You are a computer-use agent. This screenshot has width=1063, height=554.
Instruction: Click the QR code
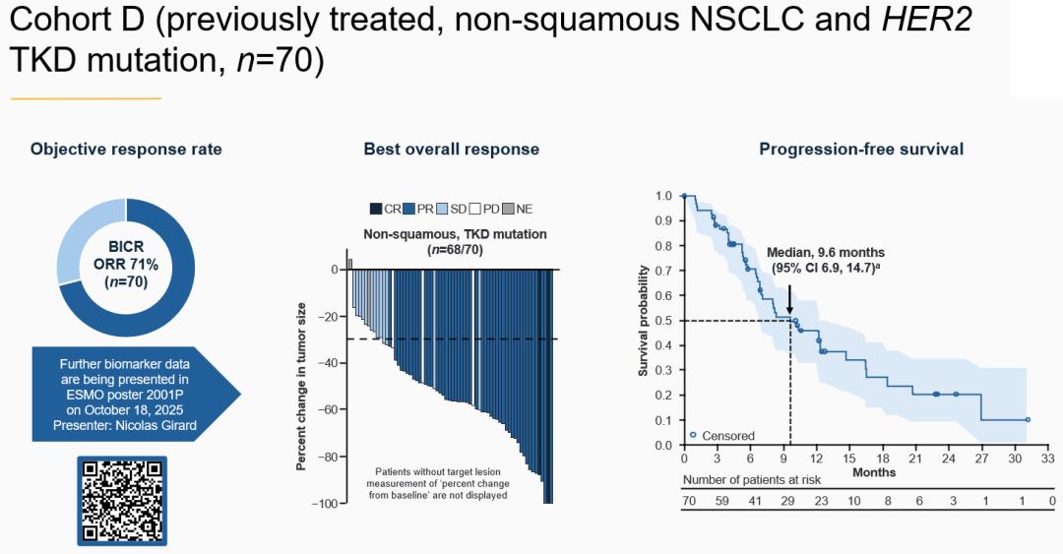tap(123, 500)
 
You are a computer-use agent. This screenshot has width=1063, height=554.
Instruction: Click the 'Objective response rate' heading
tap(126, 150)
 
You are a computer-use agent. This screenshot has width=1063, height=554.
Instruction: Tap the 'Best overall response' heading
tap(452, 150)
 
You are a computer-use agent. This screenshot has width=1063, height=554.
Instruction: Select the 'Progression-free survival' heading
tap(861, 150)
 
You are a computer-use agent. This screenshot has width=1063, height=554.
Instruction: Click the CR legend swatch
tap(376, 209)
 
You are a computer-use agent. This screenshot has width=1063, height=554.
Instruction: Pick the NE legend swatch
tap(508, 209)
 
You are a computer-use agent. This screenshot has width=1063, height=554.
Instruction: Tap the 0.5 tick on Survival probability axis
tap(665, 321)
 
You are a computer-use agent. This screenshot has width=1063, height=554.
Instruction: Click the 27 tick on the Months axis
tap(982, 458)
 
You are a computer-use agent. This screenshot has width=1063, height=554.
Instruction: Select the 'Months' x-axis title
tap(874, 472)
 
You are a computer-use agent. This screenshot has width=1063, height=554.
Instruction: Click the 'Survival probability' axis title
tap(644, 321)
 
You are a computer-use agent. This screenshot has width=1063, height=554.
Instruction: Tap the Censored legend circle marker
tap(693, 434)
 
